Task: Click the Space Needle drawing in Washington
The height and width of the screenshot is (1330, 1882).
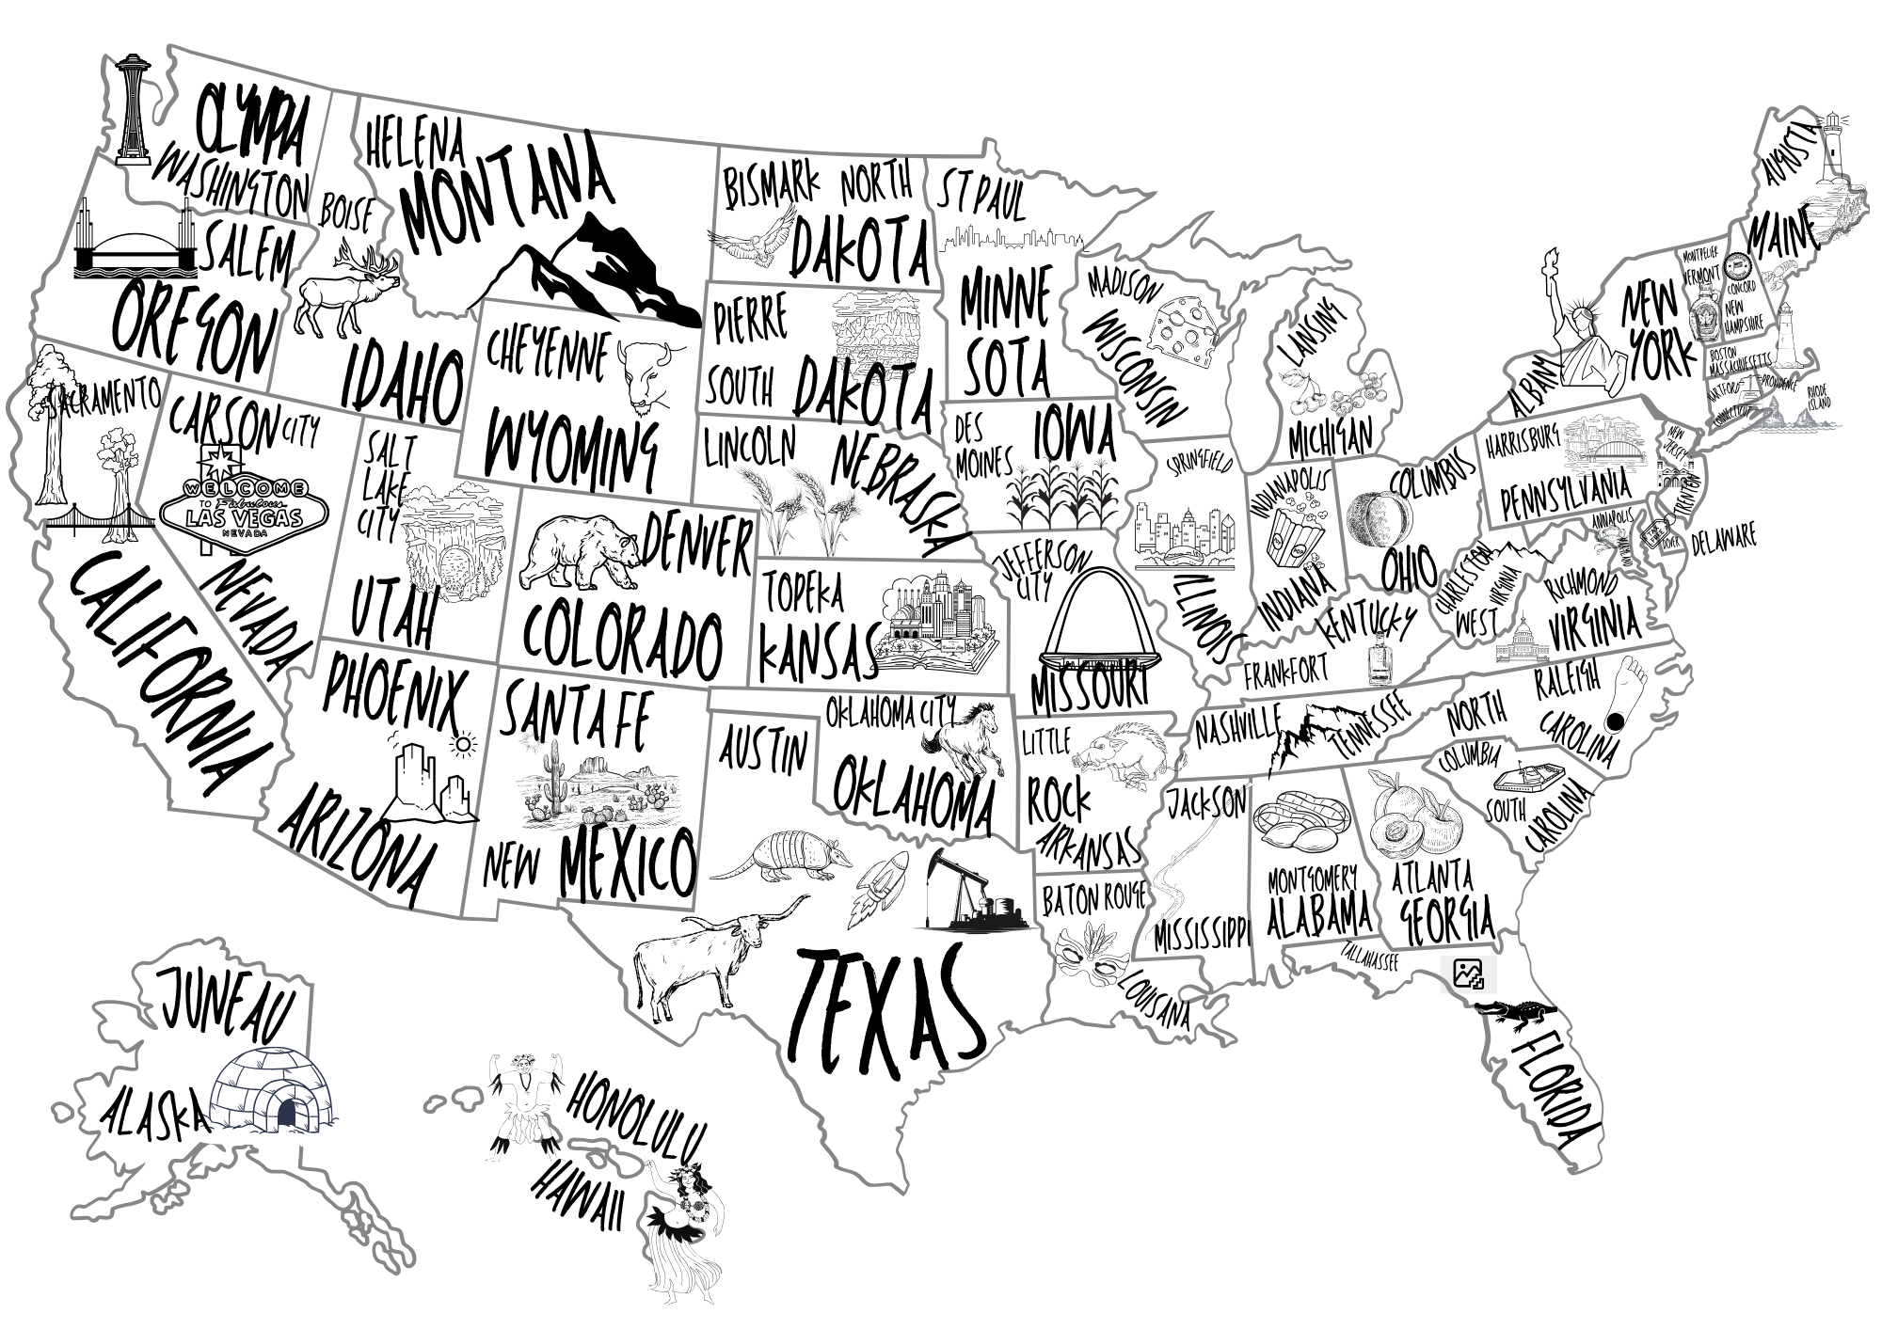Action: [132, 108]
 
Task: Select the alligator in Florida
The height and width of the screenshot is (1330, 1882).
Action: [1517, 1012]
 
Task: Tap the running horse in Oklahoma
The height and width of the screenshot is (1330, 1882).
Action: [964, 743]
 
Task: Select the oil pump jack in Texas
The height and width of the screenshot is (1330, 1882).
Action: [970, 894]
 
